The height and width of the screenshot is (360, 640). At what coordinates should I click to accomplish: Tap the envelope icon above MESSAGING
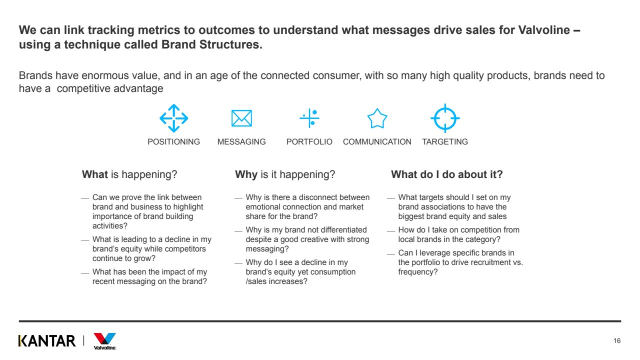point(241,118)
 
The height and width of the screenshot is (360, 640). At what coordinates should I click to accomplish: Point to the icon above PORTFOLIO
point(309,118)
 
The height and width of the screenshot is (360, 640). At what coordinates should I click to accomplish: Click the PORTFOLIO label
point(309,141)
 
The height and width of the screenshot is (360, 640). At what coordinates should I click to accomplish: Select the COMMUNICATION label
point(377,141)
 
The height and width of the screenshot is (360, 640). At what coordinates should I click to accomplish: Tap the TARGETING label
point(445,141)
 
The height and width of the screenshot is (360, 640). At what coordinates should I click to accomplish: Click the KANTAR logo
point(47,341)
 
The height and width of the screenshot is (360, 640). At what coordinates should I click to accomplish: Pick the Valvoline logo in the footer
point(105,341)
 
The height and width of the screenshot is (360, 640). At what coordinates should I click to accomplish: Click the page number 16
point(617,340)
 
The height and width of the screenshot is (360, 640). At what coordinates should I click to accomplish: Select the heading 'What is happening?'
point(129,174)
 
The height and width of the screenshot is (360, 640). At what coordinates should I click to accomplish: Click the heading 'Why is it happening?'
point(285,174)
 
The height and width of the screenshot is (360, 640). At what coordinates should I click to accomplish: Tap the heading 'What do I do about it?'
point(447,174)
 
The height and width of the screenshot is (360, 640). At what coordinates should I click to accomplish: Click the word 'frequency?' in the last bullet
point(417,271)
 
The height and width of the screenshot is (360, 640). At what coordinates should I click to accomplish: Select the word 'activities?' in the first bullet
point(109,225)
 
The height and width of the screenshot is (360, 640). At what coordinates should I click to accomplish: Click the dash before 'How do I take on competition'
point(391,230)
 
